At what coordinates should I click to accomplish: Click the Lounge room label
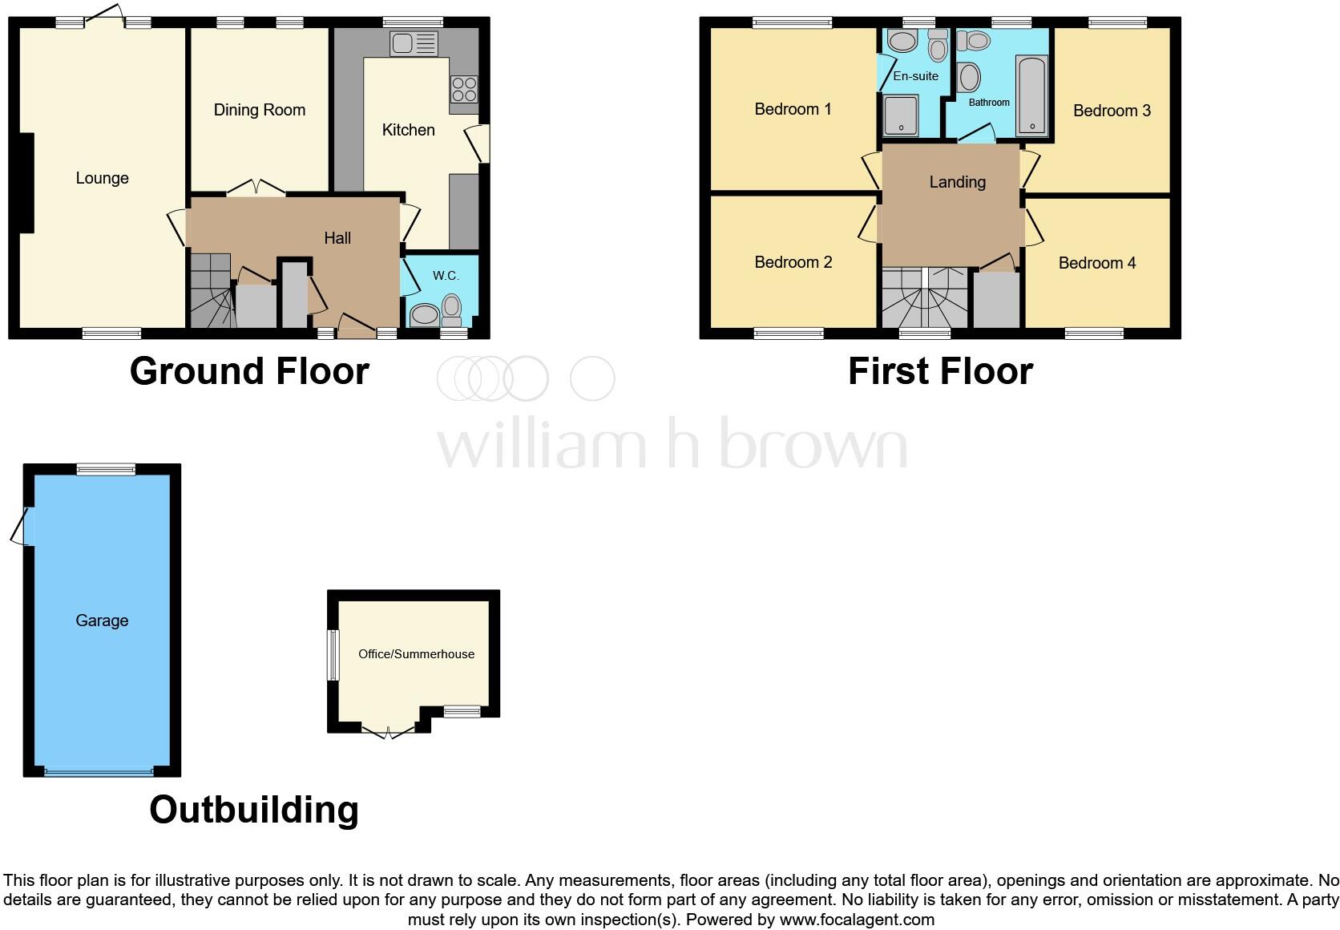[x=102, y=178]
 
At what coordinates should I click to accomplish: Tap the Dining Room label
[x=259, y=110]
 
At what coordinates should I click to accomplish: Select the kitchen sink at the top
[x=414, y=43]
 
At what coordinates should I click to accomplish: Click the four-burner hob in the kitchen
[x=464, y=88]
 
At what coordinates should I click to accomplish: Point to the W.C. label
[x=446, y=276]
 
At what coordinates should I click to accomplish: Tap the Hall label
[x=337, y=238]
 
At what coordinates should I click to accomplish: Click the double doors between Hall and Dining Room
[x=256, y=189]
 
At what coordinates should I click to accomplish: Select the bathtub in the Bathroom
[x=1031, y=95]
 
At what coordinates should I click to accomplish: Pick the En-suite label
[x=915, y=76]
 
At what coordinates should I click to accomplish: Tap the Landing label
[x=957, y=182]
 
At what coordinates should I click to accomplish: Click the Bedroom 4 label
[x=1096, y=263]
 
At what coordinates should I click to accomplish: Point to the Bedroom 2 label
[x=793, y=262]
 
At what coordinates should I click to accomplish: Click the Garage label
[x=102, y=621]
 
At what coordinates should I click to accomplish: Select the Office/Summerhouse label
[x=416, y=654]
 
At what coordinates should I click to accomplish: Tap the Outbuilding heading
[x=253, y=810]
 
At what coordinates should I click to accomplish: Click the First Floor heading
[x=940, y=371]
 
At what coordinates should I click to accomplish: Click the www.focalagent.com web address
[x=857, y=920]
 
